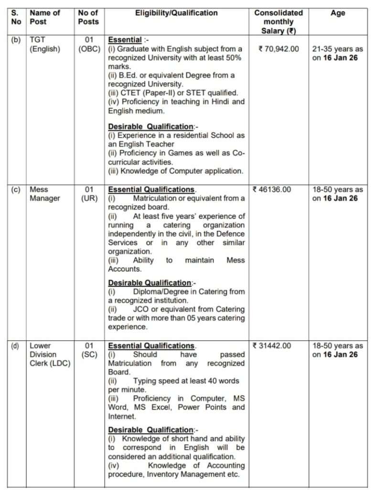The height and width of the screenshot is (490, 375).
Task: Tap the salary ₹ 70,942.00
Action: point(278,49)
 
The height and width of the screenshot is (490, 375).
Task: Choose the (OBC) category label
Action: point(89,49)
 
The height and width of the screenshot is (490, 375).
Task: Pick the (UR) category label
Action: point(89,198)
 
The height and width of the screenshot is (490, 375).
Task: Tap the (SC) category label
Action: point(89,354)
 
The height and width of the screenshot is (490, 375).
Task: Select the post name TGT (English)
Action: point(45,45)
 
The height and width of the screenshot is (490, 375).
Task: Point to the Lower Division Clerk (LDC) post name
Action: point(50,354)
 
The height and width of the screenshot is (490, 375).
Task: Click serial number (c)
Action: point(16,189)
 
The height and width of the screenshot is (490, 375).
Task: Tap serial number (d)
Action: point(16,345)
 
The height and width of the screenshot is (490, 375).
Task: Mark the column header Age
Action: point(337,13)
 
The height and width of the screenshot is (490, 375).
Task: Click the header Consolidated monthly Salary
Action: point(278,22)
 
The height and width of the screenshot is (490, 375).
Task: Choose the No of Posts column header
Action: point(89,18)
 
